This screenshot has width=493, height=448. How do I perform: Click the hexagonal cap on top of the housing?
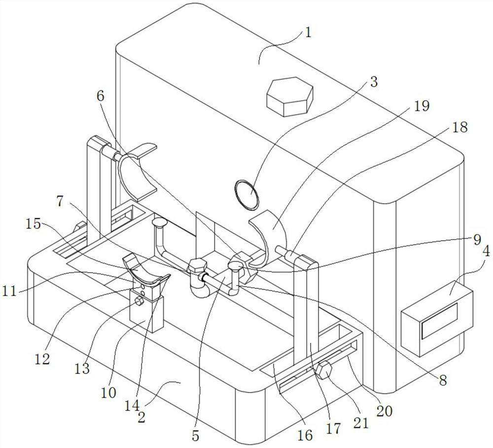pos(289,96)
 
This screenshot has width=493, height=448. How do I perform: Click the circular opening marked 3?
pos(246,194)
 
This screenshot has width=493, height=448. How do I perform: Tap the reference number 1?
pos(309,32)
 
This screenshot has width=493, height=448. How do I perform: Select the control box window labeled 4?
pos(440,320)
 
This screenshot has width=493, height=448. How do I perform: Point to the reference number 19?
pos(422,106)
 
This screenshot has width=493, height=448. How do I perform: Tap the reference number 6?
pos(100,96)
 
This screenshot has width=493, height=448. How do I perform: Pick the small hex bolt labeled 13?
pos(139,301)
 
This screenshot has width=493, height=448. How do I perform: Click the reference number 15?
pos(34,224)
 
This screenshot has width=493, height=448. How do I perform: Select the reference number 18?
pos(459,127)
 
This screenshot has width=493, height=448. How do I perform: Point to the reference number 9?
pos(477,240)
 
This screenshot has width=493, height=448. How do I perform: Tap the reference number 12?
pos(42,359)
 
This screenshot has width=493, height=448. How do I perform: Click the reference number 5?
pos(196,436)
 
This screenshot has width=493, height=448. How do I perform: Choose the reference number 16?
pos(305,435)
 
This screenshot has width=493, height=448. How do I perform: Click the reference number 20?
pos(384,411)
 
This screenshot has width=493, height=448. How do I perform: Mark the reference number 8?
pos(443,381)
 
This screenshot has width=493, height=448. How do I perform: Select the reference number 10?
pos(108,392)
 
